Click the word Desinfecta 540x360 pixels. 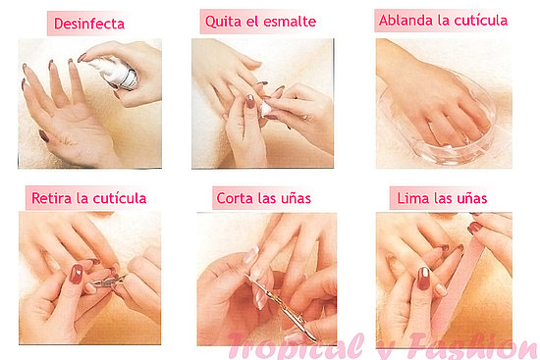click(89, 24)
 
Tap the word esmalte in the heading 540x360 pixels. click(291, 22)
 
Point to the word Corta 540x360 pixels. click(235, 198)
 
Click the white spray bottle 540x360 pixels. click(116, 73)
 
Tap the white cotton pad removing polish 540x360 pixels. click(266, 109)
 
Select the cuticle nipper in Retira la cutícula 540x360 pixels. click(107, 282)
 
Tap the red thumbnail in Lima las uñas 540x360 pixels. click(423, 278)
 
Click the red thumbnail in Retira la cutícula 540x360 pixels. click(77, 274)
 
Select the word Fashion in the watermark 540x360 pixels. click(473, 346)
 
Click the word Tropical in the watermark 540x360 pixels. click(297, 346)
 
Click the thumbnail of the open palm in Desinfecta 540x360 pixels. click(44, 136)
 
